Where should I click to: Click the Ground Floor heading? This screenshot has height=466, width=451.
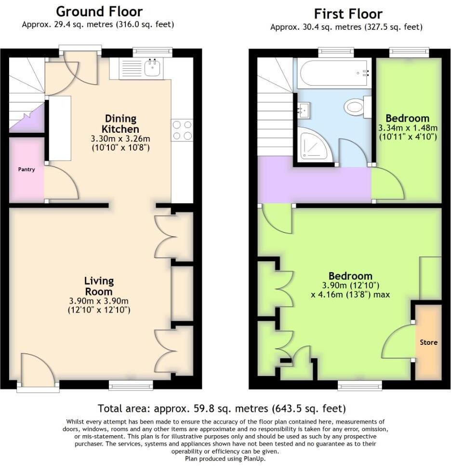coord(99,11)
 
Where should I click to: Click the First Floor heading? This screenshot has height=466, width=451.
coord(348,13)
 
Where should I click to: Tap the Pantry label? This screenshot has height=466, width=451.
coord(27,169)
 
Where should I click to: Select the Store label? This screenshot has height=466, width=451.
coord(428,342)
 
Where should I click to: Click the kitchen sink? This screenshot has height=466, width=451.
coord(154,68)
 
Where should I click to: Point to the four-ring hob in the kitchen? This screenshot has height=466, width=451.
coord(182,130)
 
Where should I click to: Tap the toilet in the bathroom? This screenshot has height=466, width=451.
coord(357,106)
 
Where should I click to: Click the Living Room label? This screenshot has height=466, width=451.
coord(99,286)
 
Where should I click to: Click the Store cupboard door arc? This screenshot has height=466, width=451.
coord(398,341)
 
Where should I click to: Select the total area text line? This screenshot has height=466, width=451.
coord(222,409)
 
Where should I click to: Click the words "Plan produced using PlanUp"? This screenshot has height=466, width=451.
coord(225,459)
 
